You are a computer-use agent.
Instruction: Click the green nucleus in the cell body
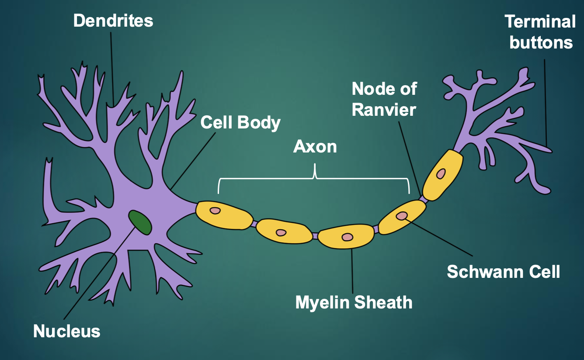point(140,222)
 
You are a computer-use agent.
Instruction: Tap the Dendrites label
point(113,21)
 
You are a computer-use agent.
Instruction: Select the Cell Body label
point(240,123)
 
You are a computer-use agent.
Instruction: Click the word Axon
point(315,147)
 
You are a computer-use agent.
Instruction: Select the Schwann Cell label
point(503,272)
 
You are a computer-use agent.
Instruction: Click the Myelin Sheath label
point(354,302)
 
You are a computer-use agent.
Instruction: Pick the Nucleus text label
point(67,331)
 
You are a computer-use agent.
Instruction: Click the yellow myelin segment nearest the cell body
point(224,215)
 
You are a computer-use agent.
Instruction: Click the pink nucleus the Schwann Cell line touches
point(402,215)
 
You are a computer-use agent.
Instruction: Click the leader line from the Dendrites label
point(112,66)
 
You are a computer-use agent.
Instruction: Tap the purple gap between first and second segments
point(254,224)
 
